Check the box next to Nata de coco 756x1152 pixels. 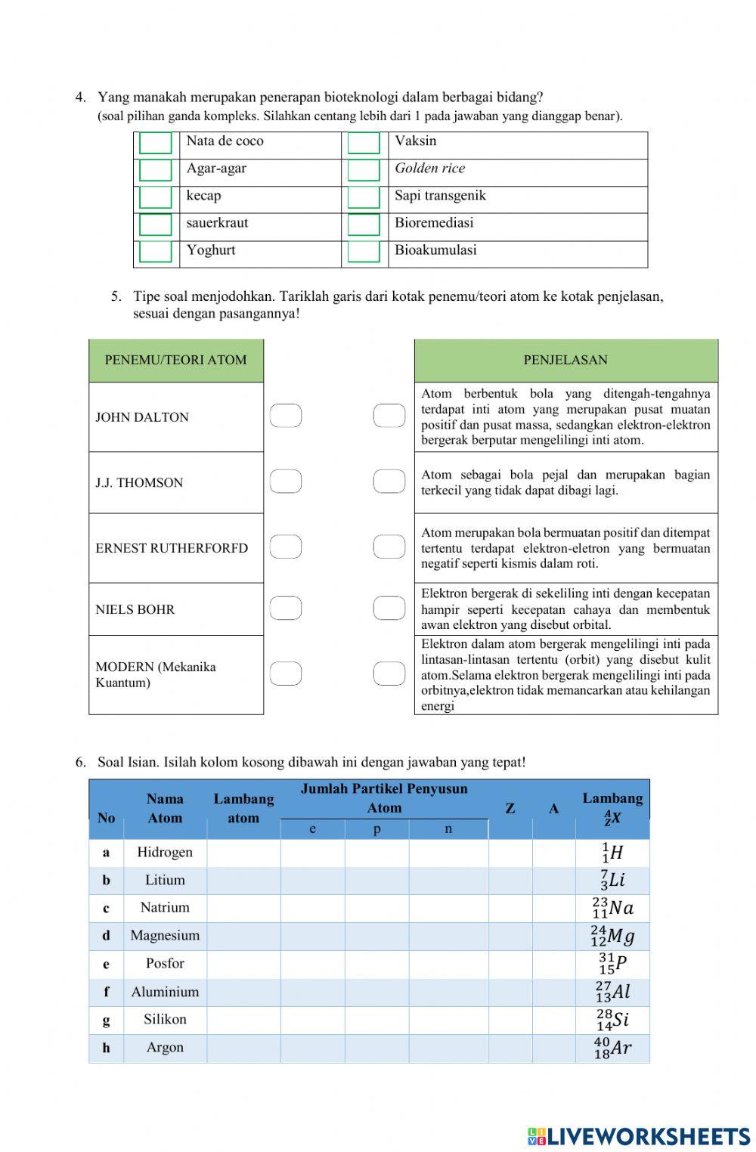point(156,143)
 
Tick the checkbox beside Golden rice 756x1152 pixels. point(364,170)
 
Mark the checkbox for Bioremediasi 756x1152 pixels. point(364,225)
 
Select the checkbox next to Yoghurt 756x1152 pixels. point(156,252)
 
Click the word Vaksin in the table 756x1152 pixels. point(415,141)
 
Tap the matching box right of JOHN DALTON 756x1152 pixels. point(286,416)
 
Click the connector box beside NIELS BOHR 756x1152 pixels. point(286,608)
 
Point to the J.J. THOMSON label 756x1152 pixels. point(139,483)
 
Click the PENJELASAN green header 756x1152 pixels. point(565,361)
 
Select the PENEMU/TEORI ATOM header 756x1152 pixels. point(175,361)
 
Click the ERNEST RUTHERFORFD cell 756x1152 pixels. point(172,549)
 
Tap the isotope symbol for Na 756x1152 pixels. point(613,908)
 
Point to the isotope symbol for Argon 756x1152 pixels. point(612,1048)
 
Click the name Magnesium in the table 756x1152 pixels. point(165,936)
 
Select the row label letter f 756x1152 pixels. point(106,992)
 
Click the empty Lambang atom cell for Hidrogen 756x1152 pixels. point(243,853)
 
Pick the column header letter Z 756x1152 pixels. point(510,809)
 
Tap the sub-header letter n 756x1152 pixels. point(448,829)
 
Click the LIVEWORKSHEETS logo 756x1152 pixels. point(639,1136)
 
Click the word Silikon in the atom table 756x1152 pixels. point(165,1020)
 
